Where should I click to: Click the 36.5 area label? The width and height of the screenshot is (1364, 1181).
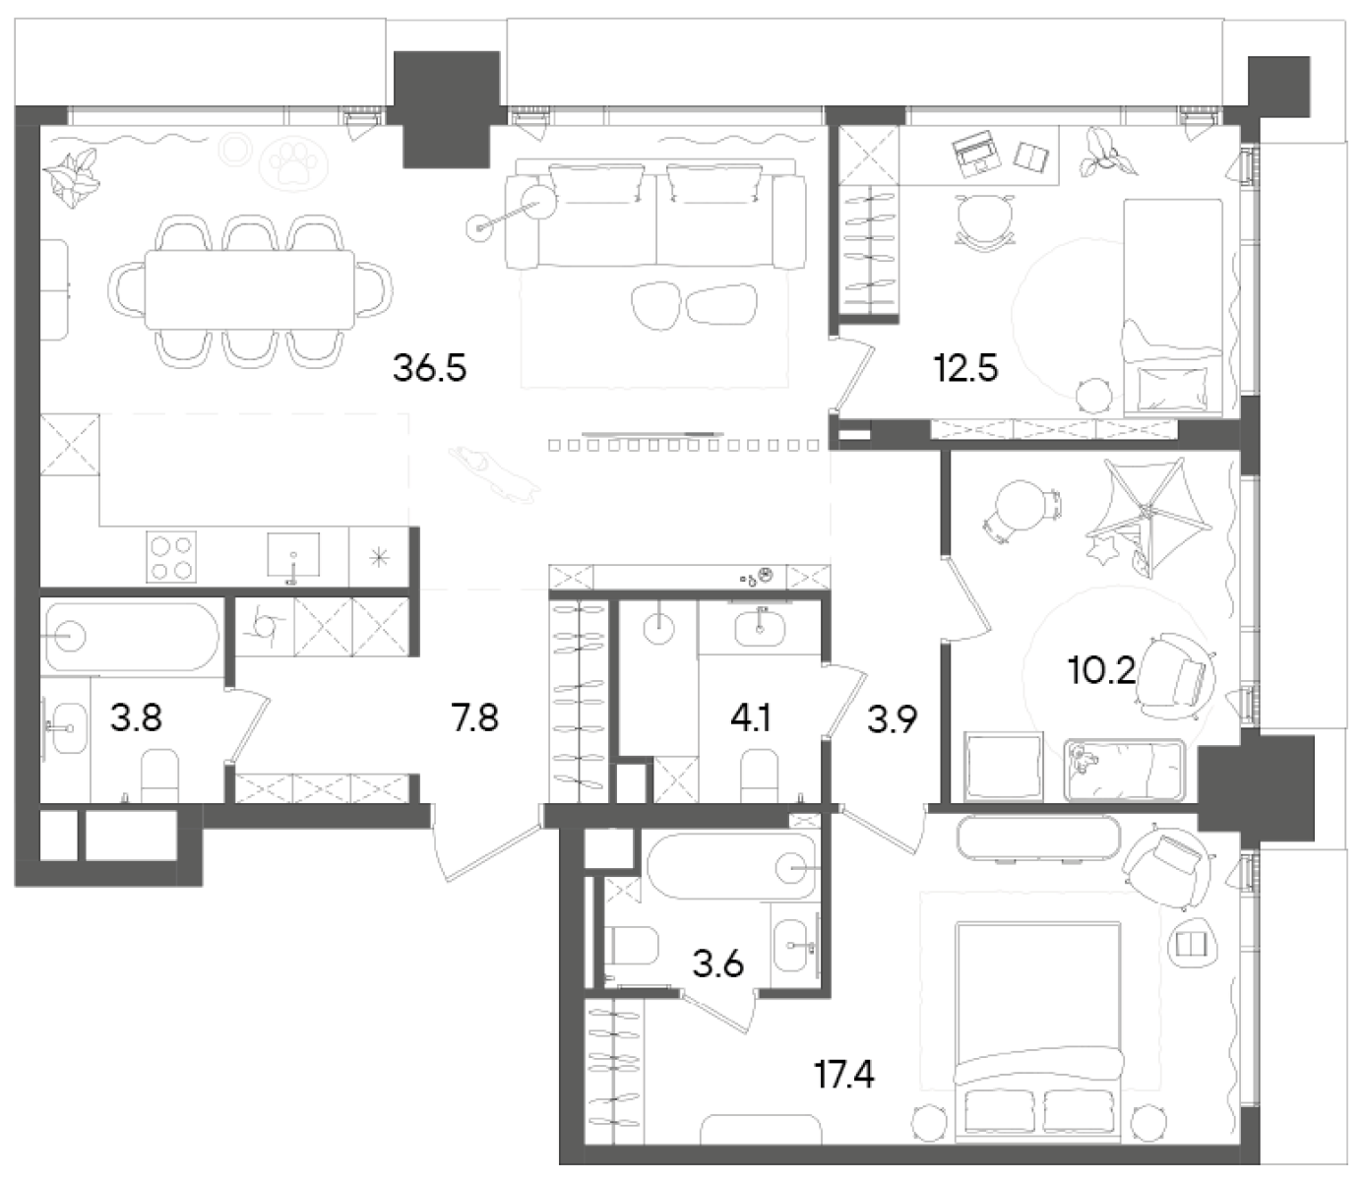pyautogui.click(x=429, y=369)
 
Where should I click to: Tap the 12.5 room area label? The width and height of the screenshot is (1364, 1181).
pyautogui.click(x=965, y=369)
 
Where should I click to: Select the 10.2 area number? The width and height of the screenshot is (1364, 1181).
pyautogui.click(x=1101, y=672)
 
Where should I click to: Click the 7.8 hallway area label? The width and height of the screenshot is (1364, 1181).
pyautogui.click(x=474, y=718)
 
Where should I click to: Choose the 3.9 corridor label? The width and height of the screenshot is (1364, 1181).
pyautogui.click(x=893, y=720)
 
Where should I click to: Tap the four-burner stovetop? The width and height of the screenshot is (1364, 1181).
pyautogui.click(x=171, y=557)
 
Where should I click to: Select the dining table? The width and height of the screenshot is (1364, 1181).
pyautogui.click(x=250, y=290)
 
